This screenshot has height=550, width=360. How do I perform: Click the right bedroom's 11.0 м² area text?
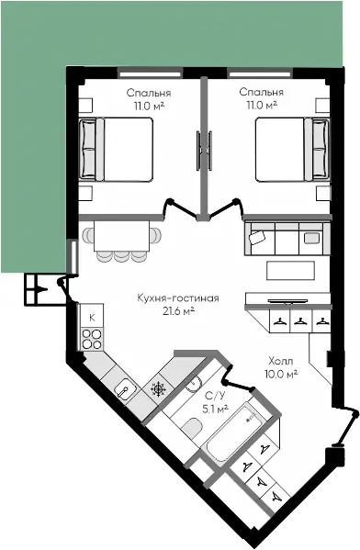pos(262,106)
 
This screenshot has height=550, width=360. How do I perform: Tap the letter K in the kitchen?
pos(92,318)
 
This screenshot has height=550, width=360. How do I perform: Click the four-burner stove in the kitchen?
pos(92,340)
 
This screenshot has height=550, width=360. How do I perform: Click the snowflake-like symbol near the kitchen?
pos(161,389)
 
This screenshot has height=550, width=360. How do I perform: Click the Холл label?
pos(281,361)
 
